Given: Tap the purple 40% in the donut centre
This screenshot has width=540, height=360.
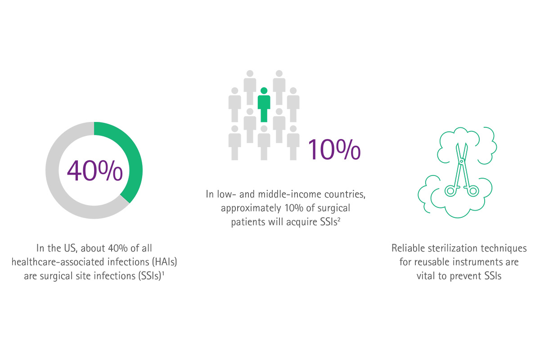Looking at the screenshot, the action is [95, 171].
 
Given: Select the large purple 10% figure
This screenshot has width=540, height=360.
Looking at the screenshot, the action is [334, 149].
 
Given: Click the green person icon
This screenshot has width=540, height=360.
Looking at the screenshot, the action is [264, 106].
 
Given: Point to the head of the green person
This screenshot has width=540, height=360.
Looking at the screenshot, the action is [264, 90].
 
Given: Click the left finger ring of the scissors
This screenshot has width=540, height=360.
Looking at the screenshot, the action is [450, 191].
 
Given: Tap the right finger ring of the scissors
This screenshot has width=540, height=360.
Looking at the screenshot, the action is [473, 191].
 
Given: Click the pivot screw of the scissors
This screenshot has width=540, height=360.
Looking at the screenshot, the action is [462, 161].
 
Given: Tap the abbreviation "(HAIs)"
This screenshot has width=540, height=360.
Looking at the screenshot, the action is [165, 262].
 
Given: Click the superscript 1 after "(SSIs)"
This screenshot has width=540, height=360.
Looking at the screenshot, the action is [163, 273].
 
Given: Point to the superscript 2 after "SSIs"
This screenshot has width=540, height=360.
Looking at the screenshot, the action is [339, 219].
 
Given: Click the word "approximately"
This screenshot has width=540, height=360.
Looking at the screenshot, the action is [251, 208].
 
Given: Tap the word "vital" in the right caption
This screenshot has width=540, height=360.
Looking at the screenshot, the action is [426, 276].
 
